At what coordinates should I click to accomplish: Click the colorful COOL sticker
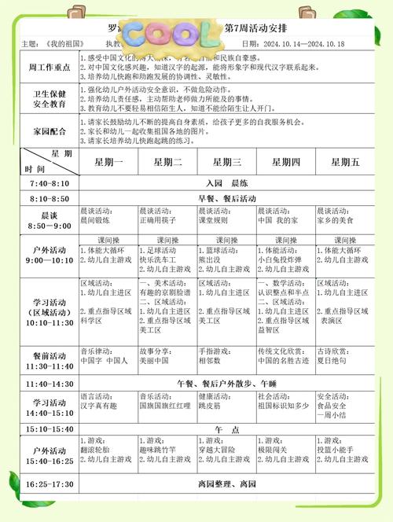pos(170,34)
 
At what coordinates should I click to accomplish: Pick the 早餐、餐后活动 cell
pos(226,198)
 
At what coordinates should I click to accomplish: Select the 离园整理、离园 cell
pos(226,483)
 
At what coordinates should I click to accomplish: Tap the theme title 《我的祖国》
pos(64,44)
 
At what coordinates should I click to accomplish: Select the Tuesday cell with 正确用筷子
pos(167,216)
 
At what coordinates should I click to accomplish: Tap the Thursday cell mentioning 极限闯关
pos(285,454)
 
